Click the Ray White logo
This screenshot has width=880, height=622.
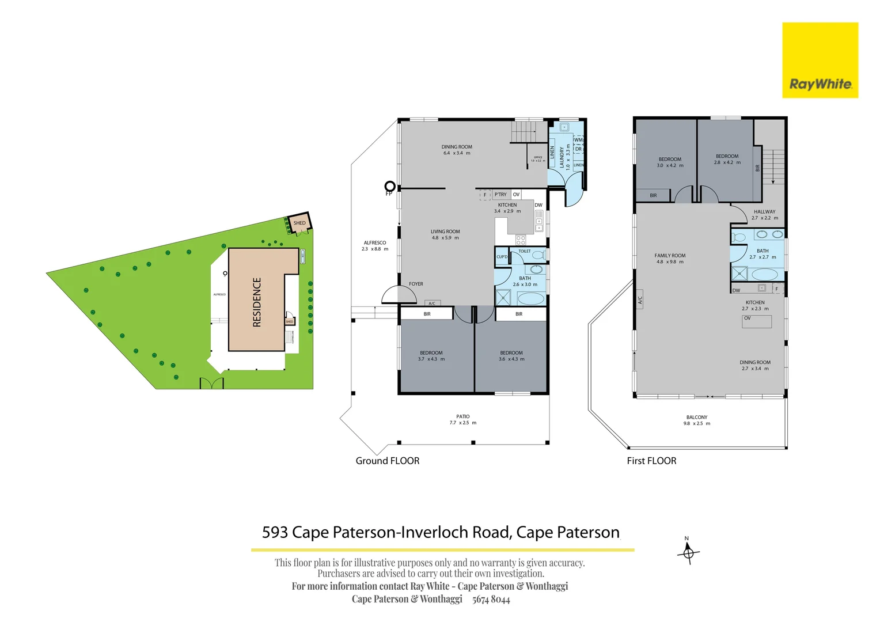820,60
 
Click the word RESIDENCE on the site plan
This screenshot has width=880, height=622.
257,302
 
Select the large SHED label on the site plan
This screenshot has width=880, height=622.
299,223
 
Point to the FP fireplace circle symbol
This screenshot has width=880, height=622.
390,186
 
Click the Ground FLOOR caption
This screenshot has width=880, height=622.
387,461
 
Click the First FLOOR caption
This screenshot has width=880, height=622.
651,461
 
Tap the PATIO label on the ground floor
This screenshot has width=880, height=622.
462,416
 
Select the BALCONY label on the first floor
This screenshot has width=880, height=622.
696,417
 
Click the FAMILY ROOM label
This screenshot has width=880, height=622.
670,256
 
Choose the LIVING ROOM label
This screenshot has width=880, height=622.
445,232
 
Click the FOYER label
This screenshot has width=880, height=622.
416,284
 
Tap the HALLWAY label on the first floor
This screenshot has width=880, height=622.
764,212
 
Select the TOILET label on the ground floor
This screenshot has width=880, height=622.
524,251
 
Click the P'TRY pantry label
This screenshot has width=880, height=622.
500,195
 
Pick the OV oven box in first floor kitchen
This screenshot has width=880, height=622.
756,321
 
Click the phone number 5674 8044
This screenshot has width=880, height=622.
491,600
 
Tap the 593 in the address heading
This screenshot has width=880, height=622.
275,532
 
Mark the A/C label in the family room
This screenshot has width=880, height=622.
640,300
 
